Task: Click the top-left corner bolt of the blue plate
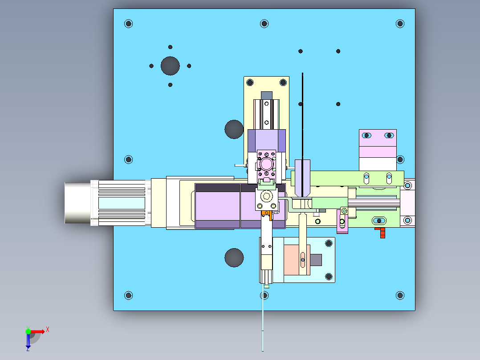coord(129,24)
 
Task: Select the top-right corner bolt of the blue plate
coord(400,24)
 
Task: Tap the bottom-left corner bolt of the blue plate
coord(129,295)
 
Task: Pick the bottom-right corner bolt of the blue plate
coord(400,295)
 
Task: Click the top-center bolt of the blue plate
coord(264,24)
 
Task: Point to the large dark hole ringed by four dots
coord(170,66)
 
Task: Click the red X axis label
coord(48,330)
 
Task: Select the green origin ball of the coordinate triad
coord(28,331)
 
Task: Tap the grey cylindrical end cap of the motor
coord(78,203)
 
